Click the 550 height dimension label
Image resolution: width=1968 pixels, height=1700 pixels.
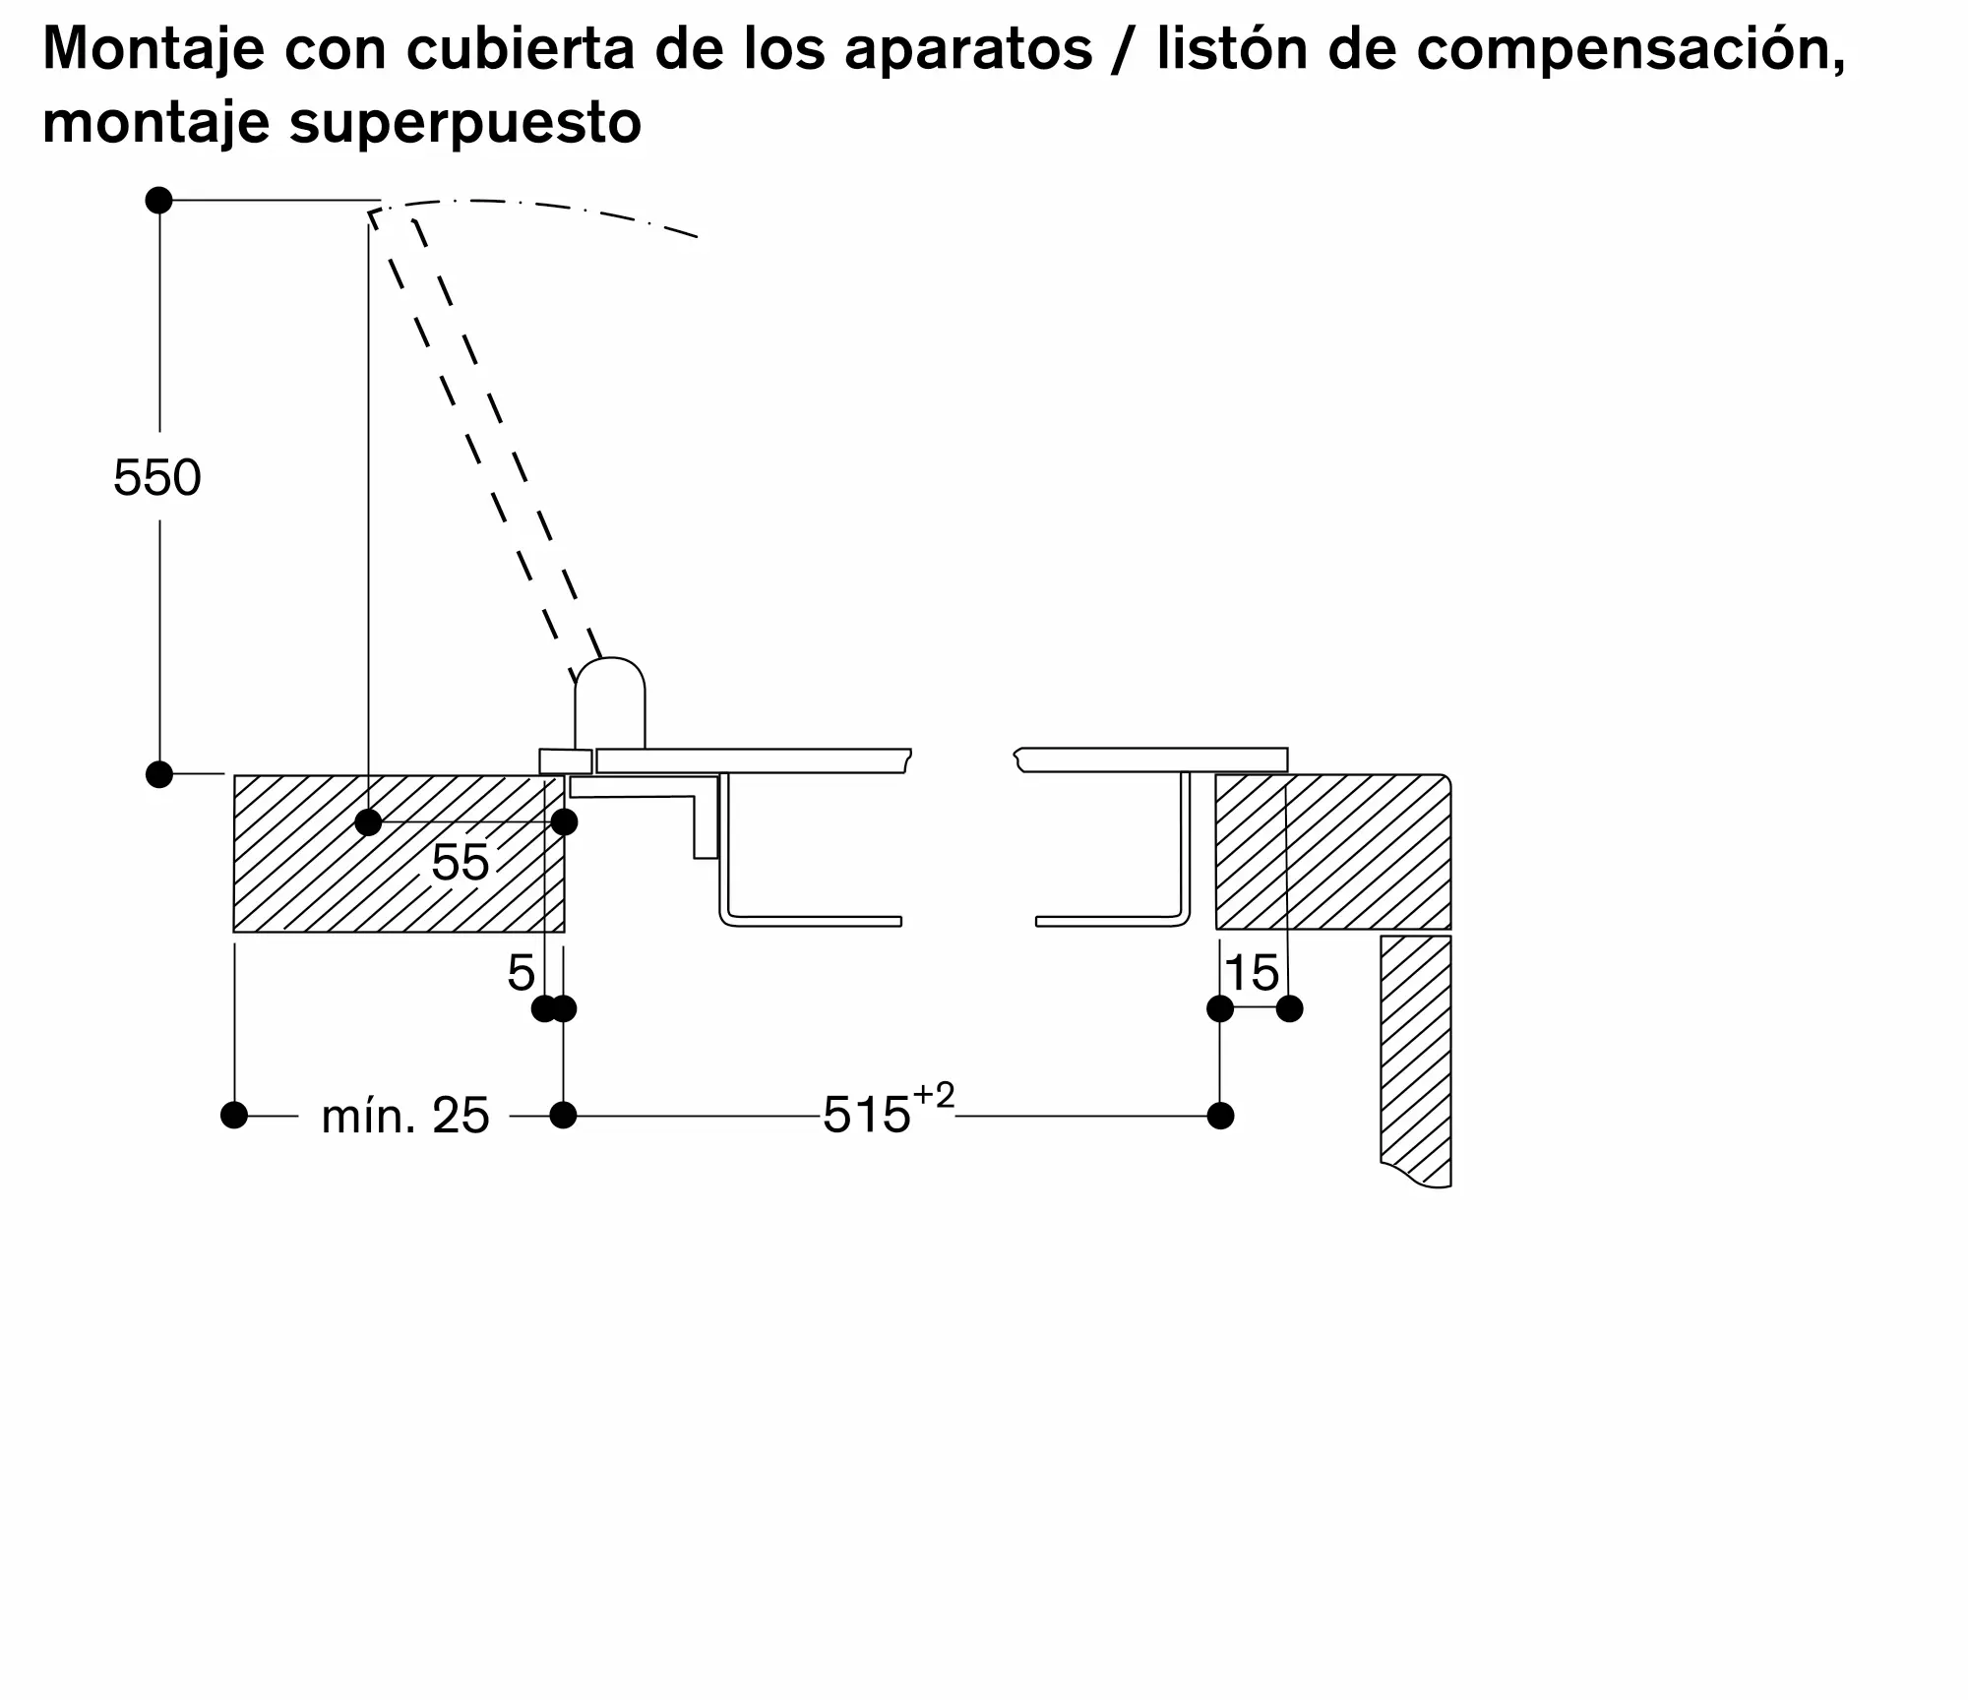pyautogui.click(x=156, y=478)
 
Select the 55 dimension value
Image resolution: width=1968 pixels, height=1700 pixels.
pyautogui.click(x=460, y=863)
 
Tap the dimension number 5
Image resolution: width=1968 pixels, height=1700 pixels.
pyautogui.click(x=521, y=974)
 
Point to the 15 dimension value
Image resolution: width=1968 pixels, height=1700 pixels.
pyautogui.click(x=1252, y=974)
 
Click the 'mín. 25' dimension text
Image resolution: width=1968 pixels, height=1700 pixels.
pyautogui.click(x=404, y=1117)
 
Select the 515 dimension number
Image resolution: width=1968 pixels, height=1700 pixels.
pyautogui.click(x=866, y=1117)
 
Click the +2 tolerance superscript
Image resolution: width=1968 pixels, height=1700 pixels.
pyautogui.click(x=934, y=1096)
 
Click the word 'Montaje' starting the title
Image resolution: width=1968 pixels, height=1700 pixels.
pyautogui.click(x=153, y=49)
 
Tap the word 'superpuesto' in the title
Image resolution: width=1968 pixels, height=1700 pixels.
pyautogui.click(x=464, y=123)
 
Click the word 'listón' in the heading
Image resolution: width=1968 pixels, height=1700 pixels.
pyautogui.click(x=1232, y=49)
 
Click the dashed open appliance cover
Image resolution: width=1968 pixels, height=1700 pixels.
pyautogui.click(x=487, y=433)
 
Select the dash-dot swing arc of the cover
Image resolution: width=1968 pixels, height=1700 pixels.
pyautogui.click(x=551, y=208)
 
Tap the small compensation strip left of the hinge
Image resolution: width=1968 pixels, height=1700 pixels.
pyautogui.click(x=566, y=761)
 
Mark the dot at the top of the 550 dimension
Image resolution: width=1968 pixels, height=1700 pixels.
pyautogui.click(x=158, y=201)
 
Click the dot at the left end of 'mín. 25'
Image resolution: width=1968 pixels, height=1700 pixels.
pyautogui.click(x=234, y=1116)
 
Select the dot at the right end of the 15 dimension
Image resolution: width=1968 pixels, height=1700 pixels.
pyautogui.click(x=1289, y=1008)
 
